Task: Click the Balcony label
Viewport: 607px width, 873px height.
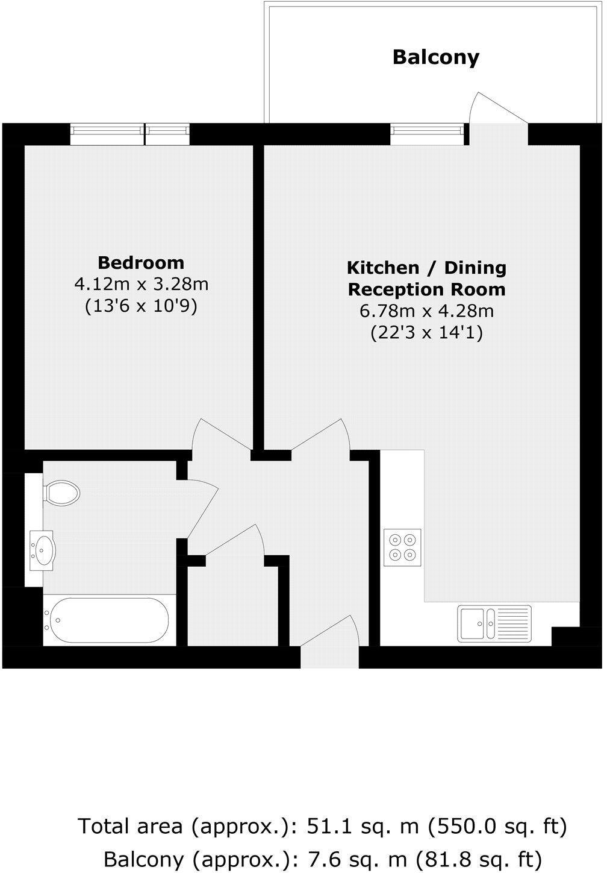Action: click(436, 57)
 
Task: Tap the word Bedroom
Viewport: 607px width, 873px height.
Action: click(141, 263)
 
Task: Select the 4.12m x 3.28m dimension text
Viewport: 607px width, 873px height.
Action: click(141, 284)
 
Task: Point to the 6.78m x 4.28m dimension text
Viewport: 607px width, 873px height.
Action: click(426, 311)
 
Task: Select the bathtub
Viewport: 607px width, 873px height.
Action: click(108, 620)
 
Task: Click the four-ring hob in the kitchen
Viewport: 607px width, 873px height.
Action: click(403, 547)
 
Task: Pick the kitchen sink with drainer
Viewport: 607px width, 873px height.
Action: click(494, 623)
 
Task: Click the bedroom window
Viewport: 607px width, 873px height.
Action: click(129, 133)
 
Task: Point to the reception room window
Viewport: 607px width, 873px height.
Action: click(428, 133)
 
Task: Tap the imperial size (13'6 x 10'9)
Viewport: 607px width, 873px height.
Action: click(141, 306)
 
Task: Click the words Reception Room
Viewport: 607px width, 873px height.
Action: click(426, 289)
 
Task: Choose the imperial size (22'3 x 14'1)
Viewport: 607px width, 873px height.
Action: click(426, 333)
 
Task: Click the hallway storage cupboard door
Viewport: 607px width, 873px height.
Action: click(235, 540)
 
